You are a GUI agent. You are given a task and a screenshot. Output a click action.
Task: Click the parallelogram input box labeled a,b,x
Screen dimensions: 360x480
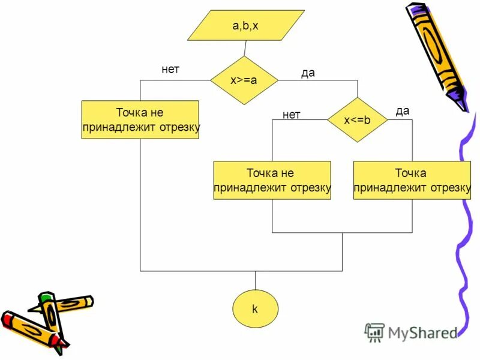(x=245, y=26)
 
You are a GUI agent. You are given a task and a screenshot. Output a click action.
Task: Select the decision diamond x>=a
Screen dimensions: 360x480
(x=244, y=80)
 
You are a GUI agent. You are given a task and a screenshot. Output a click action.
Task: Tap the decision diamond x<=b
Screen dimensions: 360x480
(x=357, y=120)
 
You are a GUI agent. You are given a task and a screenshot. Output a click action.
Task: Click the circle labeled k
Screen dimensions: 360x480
(x=255, y=310)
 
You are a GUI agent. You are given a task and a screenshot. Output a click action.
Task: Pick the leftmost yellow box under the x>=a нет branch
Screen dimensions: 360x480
(x=140, y=120)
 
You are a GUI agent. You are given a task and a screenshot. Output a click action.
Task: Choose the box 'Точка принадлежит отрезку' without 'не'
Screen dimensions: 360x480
(x=412, y=181)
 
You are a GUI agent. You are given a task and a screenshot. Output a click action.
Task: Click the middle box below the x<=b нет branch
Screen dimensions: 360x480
(x=272, y=181)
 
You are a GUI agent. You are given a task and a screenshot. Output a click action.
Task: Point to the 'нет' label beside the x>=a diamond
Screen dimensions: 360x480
(x=170, y=70)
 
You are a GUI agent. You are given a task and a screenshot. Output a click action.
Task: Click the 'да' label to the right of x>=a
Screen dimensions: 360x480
(x=308, y=73)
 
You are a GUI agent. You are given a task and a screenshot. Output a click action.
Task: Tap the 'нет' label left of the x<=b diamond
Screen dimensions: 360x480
(x=291, y=115)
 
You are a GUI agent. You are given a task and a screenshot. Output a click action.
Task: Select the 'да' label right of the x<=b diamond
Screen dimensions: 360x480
(x=403, y=110)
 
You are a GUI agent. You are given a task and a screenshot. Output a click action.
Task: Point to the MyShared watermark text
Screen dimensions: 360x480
(x=422, y=332)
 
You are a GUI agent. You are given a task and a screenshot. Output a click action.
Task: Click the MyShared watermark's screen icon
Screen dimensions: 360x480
(x=375, y=332)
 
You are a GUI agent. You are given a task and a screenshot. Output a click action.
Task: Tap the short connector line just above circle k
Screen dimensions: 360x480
(x=255, y=281)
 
